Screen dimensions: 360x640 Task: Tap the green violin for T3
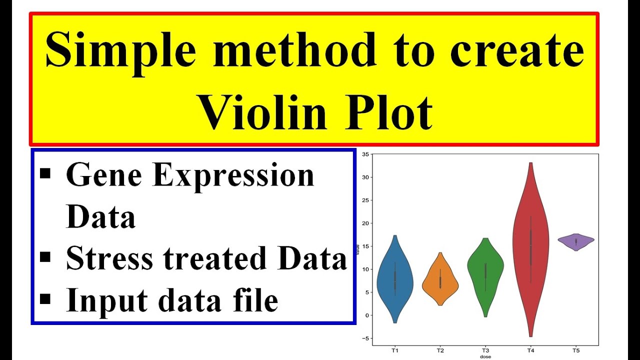pyautogui.click(x=485, y=270)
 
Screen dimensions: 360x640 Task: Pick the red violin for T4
pyautogui.click(x=530, y=240)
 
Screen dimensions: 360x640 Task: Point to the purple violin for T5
pyautogui.click(x=576, y=241)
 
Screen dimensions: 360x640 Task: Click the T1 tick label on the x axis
pyautogui.click(x=395, y=350)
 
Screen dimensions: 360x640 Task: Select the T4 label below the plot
pyautogui.click(x=530, y=350)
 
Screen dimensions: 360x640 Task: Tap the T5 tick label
pyautogui.click(x=576, y=350)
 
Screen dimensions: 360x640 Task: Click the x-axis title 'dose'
pyautogui.click(x=485, y=357)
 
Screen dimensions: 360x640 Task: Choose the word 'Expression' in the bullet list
pyautogui.click(x=233, y=176)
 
